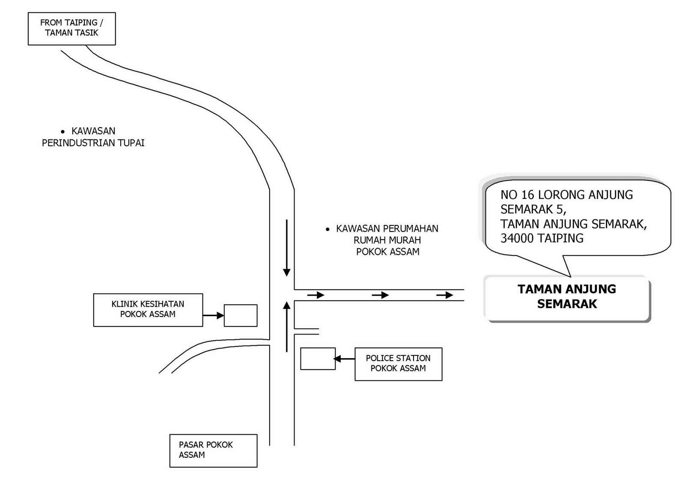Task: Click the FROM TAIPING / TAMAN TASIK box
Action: [x=71, y=28]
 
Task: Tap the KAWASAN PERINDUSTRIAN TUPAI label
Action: [x=93, y=137]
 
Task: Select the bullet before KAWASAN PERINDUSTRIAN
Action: [x=63, y=132]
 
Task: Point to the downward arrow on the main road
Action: [x=287, y=248]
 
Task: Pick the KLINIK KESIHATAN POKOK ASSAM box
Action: [x=148, y=309]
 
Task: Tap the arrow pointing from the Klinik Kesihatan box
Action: [x=213, y=316]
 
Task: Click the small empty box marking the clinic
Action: [x=241, y=315]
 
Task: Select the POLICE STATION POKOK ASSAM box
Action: [x=398, y=363]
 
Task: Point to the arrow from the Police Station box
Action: [x=344, y=359]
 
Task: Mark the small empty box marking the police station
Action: [x=318, y=359]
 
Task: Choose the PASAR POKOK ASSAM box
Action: [x=213, y=450]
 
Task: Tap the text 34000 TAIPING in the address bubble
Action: [x=542, y=238]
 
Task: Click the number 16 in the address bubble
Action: [x=527, y=195]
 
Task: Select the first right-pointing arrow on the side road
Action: [x=316, y=295]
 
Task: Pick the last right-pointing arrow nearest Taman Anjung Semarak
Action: [x=445, y=295]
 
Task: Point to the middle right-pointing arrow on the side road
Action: [x=380, y=295]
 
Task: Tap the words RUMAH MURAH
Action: [x=387, y=240]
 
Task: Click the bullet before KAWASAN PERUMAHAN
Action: [x=328, y=230]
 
